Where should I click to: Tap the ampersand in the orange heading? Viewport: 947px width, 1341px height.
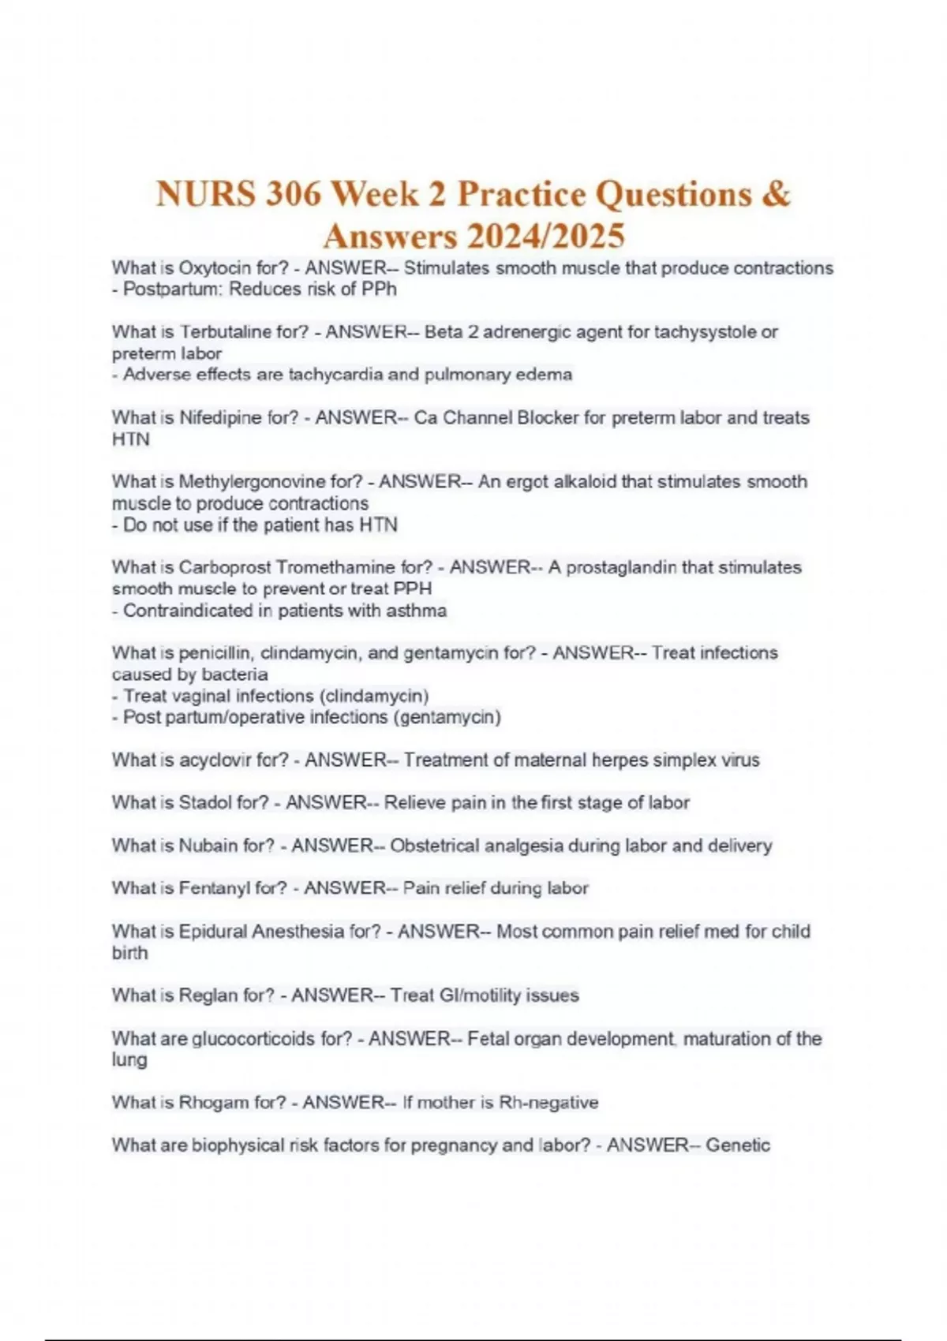[776, 194]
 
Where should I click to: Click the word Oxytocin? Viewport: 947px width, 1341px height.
[215, 268]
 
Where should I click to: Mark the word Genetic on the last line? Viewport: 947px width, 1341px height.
[738, 1145]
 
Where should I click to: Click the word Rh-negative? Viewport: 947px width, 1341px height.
[549, 1102]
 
